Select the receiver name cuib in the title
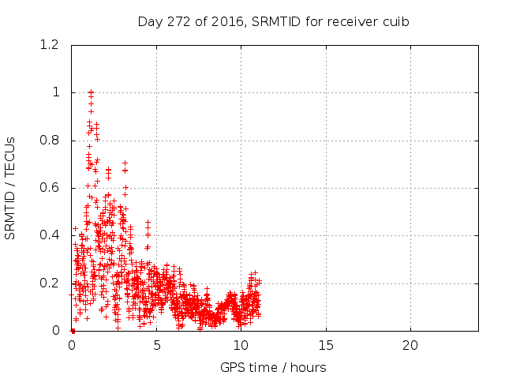coord(395,21)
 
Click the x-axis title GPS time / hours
coord(274,367)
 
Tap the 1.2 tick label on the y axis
coord(50,45)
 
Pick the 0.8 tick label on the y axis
coord(50,141)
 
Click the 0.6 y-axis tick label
coord(50,188)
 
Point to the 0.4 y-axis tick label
coord(50,236)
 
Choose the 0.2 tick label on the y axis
coord(50,283)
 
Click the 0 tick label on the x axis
coord(72,346)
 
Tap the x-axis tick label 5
coord(156,346)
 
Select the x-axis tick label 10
coord(241,346)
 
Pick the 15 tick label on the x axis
coord(325,346)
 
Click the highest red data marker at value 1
coord(91,92)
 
